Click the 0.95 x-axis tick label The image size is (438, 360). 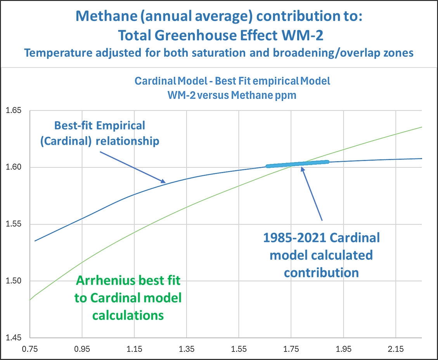click(x=82, y=349)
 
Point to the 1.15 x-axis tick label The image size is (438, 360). click(x=134, y=349)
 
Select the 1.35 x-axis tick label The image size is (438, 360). click(x=187, y=349)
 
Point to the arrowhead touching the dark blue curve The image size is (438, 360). click(x=164, y=181)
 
